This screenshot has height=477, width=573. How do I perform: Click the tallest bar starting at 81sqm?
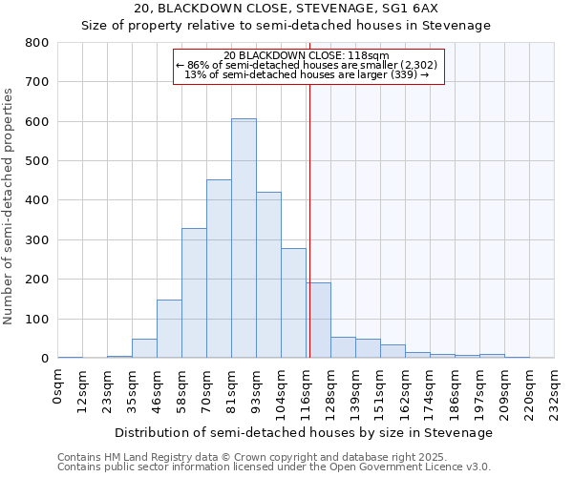244,238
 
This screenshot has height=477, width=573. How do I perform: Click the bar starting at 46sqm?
169,329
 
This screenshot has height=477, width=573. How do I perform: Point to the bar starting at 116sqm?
318,321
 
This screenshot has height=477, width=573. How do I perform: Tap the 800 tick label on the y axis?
37,43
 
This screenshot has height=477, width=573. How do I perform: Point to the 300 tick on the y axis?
37,240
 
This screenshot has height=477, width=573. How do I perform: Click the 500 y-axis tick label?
37,161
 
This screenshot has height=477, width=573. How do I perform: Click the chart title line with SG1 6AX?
287,9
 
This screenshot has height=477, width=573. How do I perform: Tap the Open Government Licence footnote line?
273,467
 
